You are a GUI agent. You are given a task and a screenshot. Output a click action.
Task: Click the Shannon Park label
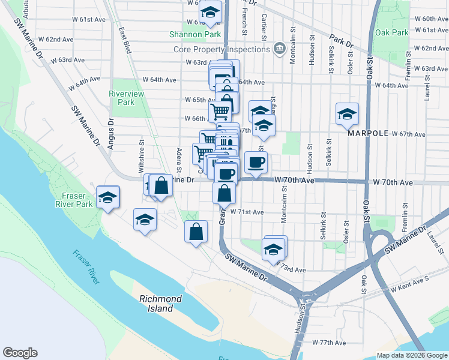(x=195, y=34)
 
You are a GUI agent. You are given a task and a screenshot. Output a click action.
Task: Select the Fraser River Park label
(x=77, y=200)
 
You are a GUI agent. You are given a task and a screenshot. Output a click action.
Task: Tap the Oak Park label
(x=391, y=32)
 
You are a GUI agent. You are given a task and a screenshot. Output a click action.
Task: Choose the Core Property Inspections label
(x=220, y=49)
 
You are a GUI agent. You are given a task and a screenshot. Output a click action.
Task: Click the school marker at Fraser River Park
(x=107, y=197)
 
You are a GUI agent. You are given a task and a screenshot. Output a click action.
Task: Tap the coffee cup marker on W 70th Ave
(x=256, y=162)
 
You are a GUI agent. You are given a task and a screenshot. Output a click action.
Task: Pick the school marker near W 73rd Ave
(x=273, y=248)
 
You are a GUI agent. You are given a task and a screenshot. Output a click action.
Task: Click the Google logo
(x=20, y=353)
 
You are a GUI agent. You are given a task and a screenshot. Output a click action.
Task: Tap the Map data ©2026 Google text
(x=412, y=355)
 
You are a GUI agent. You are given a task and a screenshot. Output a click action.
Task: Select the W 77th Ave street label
(x=329, y=343)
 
